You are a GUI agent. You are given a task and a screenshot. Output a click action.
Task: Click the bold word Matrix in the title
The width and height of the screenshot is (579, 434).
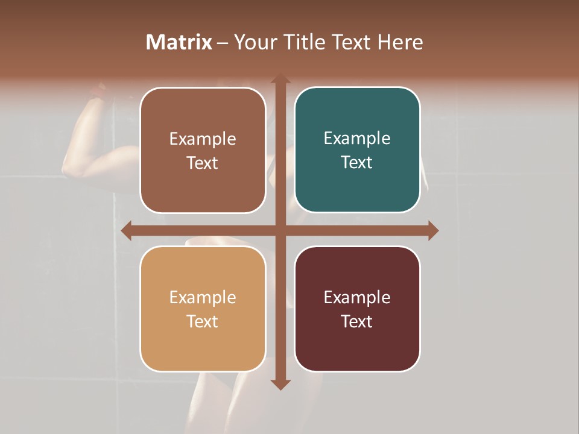(x=179, y=42)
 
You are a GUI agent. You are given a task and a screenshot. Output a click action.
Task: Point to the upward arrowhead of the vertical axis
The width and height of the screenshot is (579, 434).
(x=280, y=79)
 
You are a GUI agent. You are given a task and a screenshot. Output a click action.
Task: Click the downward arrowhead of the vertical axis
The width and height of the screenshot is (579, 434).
(x=280, y=384)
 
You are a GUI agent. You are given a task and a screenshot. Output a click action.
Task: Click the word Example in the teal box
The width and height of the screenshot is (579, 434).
(x=357, y=139)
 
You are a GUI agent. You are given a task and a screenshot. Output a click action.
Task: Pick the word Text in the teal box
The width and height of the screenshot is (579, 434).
(x=357, y=163)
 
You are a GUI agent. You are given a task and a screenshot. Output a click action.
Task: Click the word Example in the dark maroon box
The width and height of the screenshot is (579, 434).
(x=357, y=297)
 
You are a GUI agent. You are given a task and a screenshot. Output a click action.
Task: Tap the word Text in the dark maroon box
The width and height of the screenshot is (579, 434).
(x=357, y=321)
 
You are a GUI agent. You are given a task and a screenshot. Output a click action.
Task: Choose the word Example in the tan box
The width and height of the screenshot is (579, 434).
(x=203, y=297)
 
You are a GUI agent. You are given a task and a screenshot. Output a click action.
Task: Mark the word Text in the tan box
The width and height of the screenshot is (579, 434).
(x=203, y=321)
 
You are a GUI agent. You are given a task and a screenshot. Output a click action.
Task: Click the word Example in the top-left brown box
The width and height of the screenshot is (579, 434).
(x=203, y=139)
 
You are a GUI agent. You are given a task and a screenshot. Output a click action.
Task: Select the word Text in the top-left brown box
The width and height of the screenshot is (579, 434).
(x=203, y=163)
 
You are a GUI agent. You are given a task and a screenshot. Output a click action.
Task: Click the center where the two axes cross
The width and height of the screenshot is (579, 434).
(x=280, y=231)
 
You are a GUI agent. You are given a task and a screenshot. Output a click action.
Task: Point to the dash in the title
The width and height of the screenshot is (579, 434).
(x=223, y=43)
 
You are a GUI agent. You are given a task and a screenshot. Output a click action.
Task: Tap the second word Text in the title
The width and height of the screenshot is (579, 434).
(x=353, y=42)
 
